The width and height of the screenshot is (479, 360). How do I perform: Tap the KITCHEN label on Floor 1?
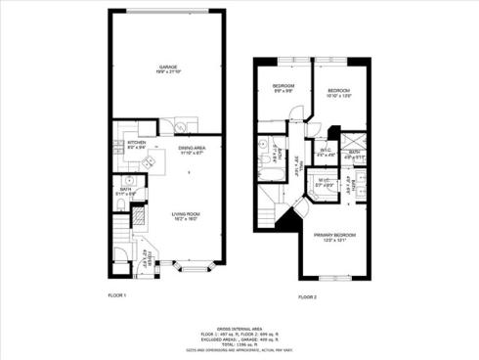[x=137, y=144]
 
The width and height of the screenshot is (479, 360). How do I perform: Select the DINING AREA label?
[x=192, y=150]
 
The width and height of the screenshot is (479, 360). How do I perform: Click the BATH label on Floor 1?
[x=126, y=189]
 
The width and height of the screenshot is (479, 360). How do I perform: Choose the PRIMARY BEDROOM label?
[x=333, y=237]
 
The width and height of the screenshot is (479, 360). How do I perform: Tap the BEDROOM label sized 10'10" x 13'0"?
[x=338, y=91]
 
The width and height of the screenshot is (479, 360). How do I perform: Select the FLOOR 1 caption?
[x=117, y=294]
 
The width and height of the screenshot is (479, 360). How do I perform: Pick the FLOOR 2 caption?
[x=308, y=294]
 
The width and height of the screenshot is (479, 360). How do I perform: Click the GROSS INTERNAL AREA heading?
[x=239, y=329]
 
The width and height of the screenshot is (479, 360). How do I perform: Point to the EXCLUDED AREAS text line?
[x=239, y=338]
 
